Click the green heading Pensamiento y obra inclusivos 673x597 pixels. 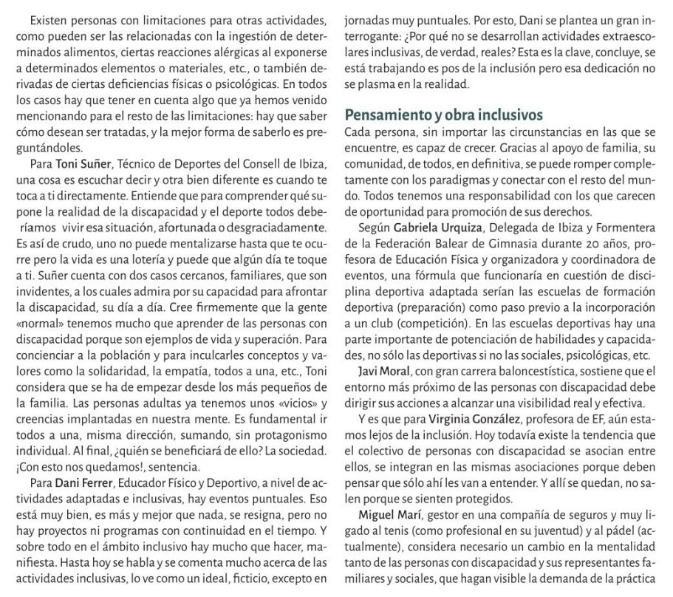coord(445,115)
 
